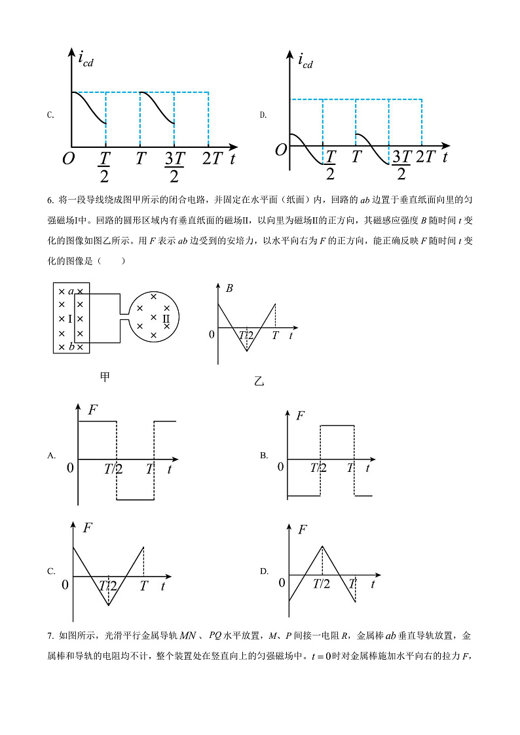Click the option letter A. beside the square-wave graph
(x=51, y=455)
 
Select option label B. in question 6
(x=264, y=455)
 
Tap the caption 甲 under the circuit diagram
(x=105, y=377)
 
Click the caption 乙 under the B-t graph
(x=259, y=381)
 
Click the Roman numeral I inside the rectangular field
(x=70, y=319)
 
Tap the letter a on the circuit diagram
(x=71, y=291)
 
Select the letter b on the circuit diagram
(x=71, y=346)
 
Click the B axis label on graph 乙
(x=229, y=288)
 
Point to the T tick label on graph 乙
(x=275, y=335)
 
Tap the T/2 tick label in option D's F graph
(x=322, y=584)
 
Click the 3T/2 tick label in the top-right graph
(x=401, y=164)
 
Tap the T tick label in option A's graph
(x=149, y=469)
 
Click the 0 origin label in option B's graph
(x=280, y=466)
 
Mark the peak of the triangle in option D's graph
(x=322, y=546)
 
